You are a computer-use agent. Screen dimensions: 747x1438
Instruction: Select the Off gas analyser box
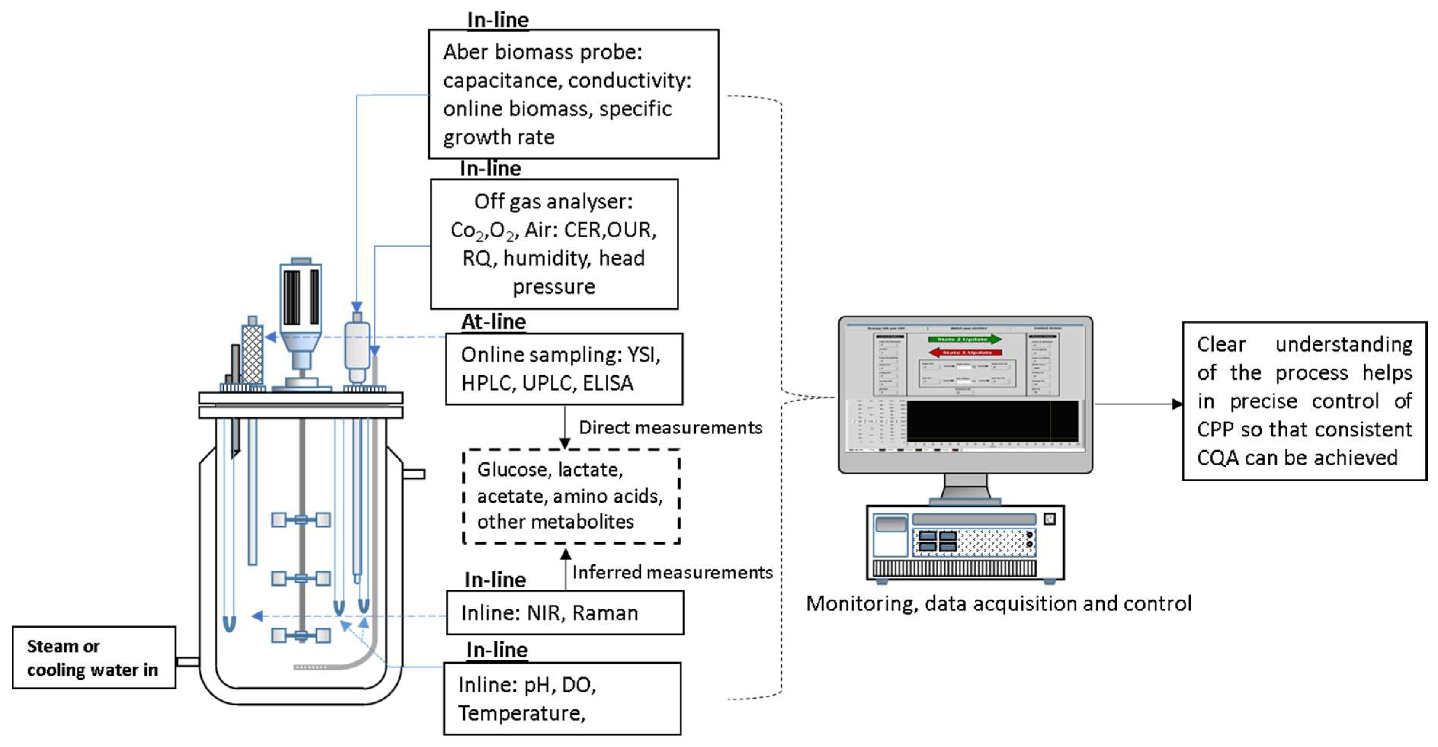click(x=554, y=244)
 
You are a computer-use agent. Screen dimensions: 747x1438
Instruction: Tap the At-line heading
click(x=494, y=322)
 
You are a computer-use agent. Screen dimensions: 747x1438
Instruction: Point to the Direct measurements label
click(x=670, y=428)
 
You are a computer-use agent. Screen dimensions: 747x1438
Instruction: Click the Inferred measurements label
click(x=672, y=572)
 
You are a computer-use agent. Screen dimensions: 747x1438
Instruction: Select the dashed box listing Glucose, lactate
click(x=571, y=496)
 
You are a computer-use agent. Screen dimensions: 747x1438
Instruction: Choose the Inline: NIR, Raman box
click(x=564, y=612)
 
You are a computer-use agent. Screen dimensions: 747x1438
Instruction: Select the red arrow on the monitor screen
click(x=965, y=352)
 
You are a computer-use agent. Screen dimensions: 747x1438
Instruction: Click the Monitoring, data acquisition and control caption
click(x=998, y=604)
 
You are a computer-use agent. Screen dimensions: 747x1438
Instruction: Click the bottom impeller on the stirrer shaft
click(x=301, y=635)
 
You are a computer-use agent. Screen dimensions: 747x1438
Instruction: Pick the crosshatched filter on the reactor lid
click(x=252, y=354)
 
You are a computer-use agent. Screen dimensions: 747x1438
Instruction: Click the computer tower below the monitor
click(x=965, y=543)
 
